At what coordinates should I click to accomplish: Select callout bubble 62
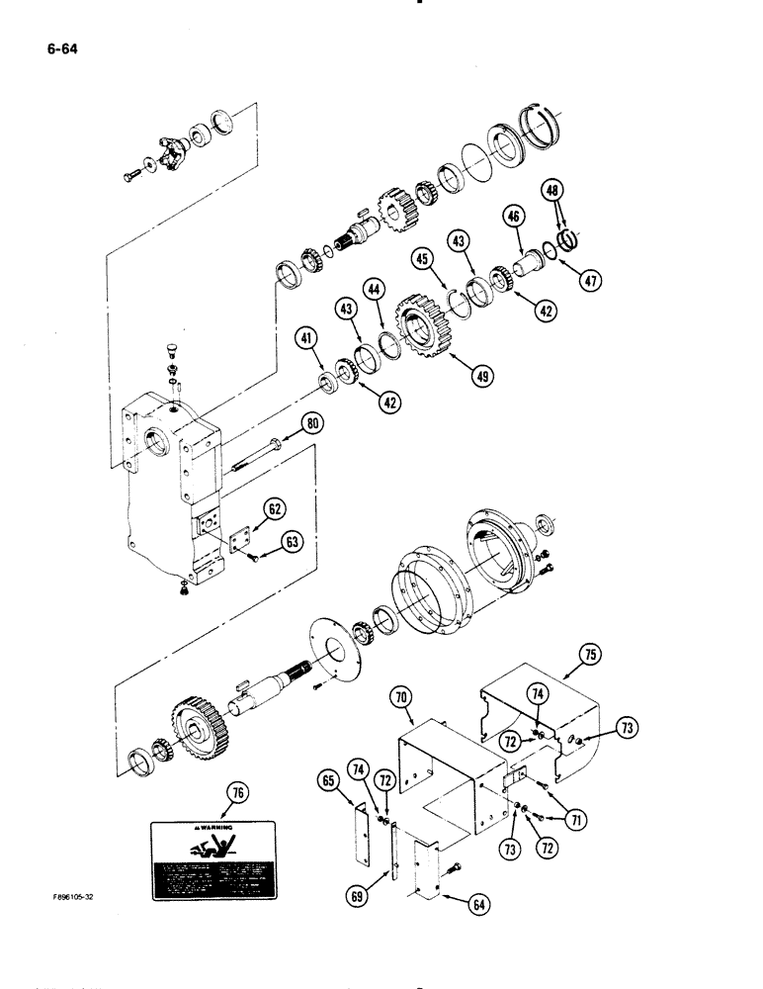coord(274,510)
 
